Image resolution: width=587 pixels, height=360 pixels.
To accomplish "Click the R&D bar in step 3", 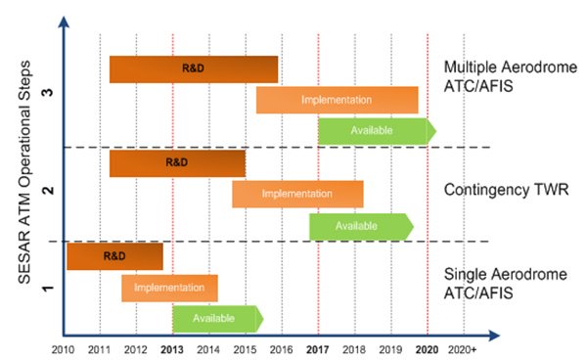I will click(x=194, y=69).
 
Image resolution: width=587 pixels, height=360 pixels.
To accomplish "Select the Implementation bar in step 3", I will click(x=337, y=100).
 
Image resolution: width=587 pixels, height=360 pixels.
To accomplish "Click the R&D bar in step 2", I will click(x=177, y=162).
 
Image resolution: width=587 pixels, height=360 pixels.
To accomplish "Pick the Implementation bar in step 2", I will click(x=297, y=194).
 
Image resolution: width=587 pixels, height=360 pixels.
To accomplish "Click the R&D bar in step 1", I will click(x=114, y=255).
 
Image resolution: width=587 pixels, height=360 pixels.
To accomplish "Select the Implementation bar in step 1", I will click(x=169, y=288).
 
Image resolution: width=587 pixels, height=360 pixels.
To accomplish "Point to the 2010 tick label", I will click(x=63, y=349).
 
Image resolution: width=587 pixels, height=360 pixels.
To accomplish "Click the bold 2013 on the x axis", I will click(x=172, y=349).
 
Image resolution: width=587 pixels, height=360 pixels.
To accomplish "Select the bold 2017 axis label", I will click(x=317, y=349).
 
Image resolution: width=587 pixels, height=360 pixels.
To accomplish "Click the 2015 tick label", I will click(x=245, y=349).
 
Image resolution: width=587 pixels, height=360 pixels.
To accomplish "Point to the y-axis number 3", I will click(x=51, y=90).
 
